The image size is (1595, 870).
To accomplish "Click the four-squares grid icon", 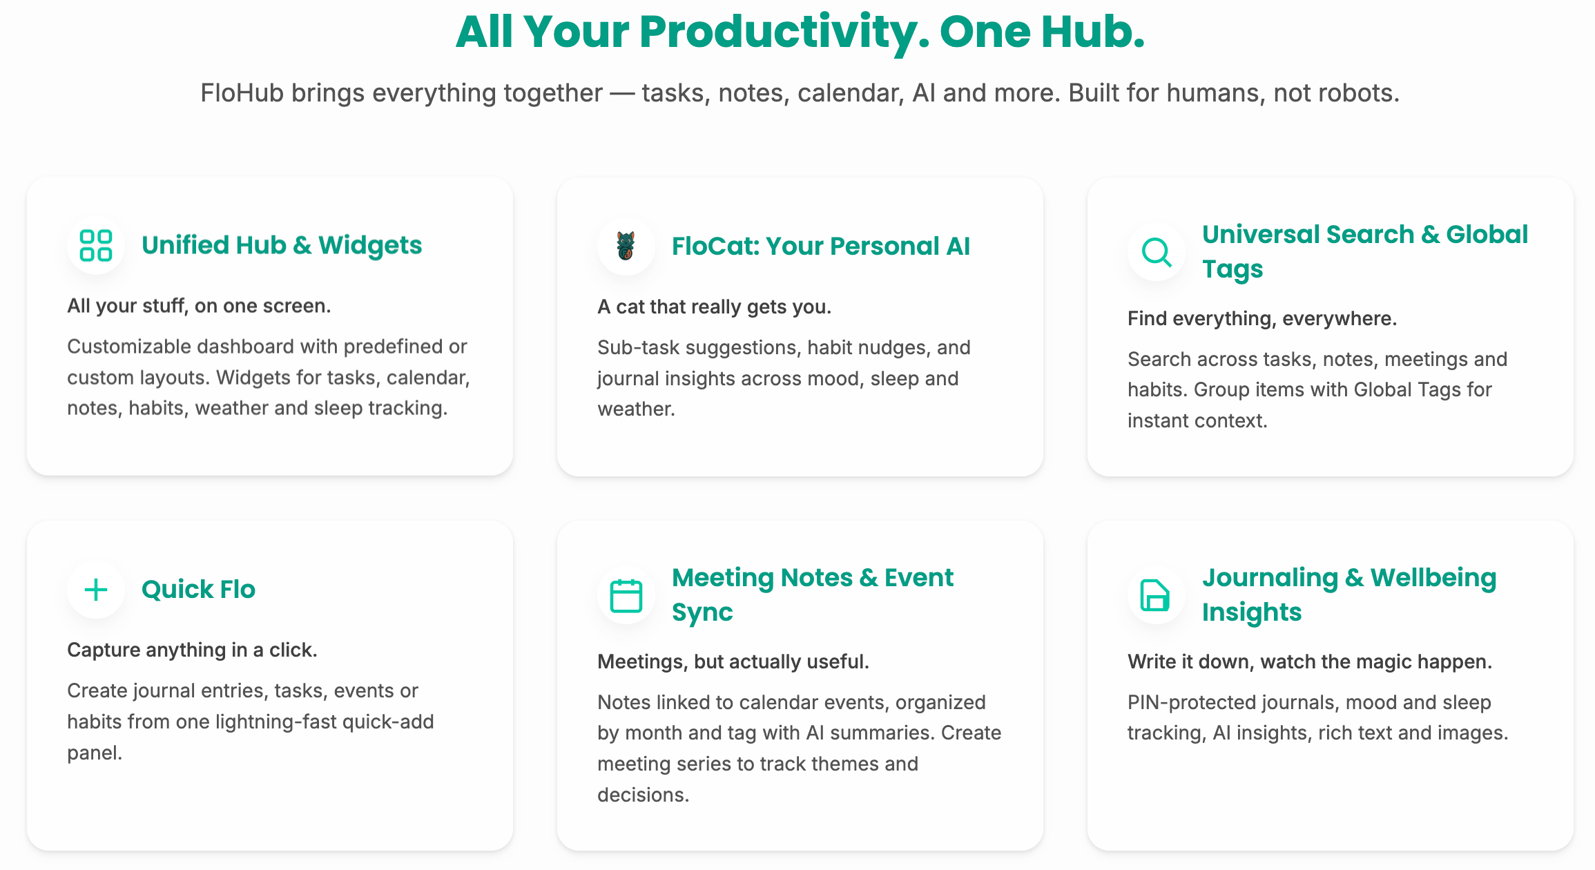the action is (96, 246).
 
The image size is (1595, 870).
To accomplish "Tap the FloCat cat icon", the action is (626, 246).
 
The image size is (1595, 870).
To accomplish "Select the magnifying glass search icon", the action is (1157, 252).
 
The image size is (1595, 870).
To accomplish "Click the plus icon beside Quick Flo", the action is (96, 590).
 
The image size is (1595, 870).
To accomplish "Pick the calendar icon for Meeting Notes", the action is (626, 595).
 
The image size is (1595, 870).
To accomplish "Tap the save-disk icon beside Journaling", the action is (1155, 595).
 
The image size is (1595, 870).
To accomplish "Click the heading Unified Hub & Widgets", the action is (282, 246).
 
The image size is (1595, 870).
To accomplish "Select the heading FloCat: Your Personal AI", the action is (821, 246).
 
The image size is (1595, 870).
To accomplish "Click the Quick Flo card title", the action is (199, 590).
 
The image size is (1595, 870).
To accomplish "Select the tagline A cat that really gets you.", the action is (714, 307).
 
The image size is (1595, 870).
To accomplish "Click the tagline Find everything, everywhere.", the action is (1262, 318).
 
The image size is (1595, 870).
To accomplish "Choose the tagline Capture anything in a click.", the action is (192, 650).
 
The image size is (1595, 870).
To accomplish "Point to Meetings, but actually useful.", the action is (733, 661).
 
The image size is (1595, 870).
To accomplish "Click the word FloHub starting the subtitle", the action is (242, 93).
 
